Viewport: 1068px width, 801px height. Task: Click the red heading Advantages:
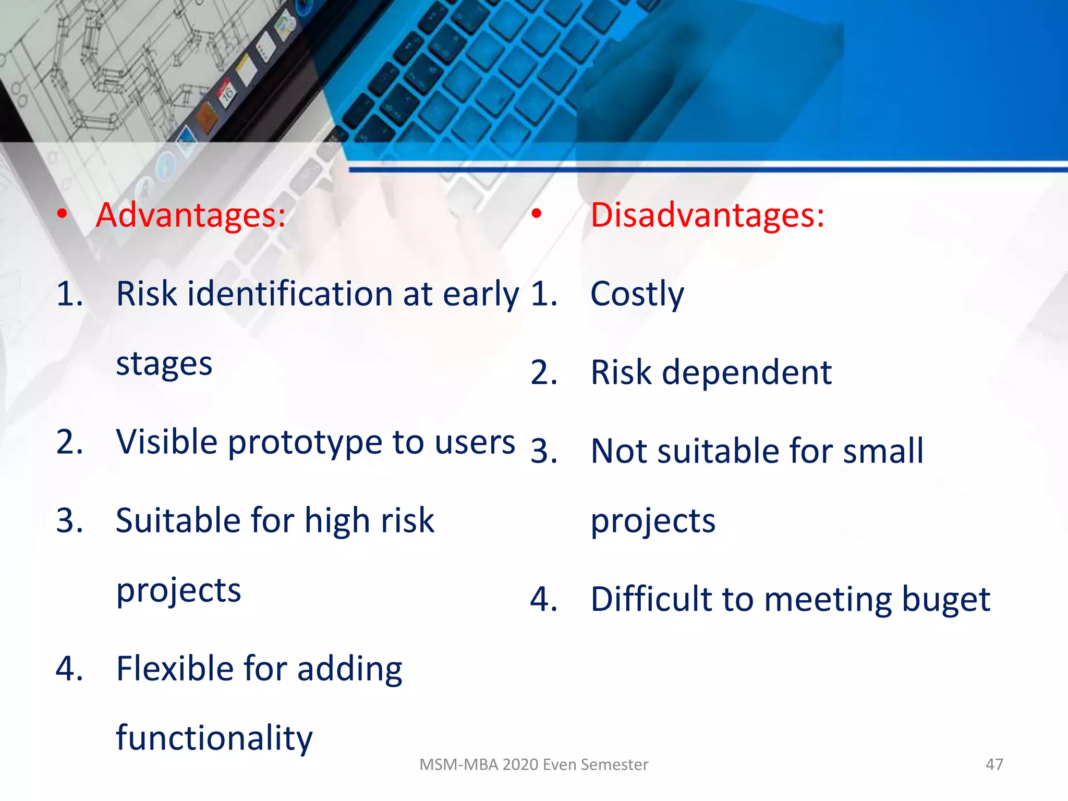(191, 215)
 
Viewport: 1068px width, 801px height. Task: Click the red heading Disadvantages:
(707, 215)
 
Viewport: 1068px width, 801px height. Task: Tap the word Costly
(637, 294)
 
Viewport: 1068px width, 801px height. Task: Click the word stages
(164, 364)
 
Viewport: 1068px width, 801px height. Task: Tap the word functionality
(214, 738)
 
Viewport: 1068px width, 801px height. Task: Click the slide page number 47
(994, 764)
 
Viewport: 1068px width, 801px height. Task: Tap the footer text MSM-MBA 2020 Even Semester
(533, 764)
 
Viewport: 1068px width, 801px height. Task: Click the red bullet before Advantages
(62, 213)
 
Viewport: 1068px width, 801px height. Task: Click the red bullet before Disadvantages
(536, 213)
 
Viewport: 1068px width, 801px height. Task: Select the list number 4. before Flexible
(69, 669)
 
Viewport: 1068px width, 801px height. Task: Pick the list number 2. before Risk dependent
(544, 373)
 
